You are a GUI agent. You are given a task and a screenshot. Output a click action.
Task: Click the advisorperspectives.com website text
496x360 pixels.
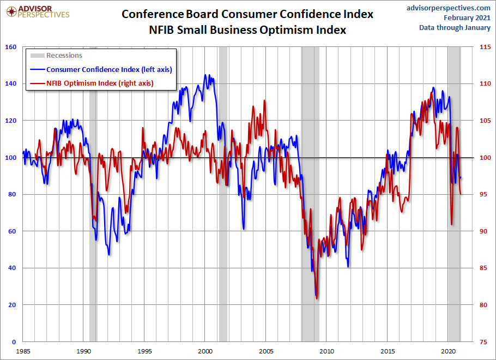pyautogui.click(x=449, y=8)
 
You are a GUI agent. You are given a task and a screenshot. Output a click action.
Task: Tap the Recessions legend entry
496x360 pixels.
pyautogui.click(x=64, y=55)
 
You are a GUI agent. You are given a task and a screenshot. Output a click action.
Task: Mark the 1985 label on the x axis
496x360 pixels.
pyautogui.click(x=23, y=351)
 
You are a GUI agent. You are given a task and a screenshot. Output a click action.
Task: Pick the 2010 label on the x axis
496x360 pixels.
pyautogui.click(x=326, y=351)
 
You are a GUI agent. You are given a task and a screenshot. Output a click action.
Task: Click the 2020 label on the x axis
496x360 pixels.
pyautogui.click(x=448, y=351)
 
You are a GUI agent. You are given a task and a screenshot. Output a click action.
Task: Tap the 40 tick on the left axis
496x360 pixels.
pyautogui.click(x=11, y=268)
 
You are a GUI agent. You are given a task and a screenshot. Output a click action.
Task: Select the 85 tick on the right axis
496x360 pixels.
pyautogui.click(x=483, y=268)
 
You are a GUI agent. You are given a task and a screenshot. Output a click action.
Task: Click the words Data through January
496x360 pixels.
pyautogui.click(x=455, y=27)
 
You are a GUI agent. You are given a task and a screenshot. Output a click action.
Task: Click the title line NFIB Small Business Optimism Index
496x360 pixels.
pyautogui.click(x=247, y=30)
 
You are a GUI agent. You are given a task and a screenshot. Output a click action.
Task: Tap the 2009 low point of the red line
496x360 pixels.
pyautogui.click(x=317, y=298)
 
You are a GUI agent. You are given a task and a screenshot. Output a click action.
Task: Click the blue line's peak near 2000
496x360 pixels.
pyautogui.click(x=205, y=75)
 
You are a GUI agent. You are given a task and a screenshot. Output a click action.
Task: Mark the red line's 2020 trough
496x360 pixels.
pyautogui.click(x=452, y=224)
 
